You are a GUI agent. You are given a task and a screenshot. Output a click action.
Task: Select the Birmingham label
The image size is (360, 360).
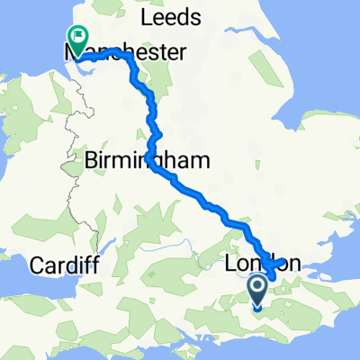[x=148, y=160]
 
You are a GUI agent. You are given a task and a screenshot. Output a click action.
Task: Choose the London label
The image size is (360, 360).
[x=267, y=265]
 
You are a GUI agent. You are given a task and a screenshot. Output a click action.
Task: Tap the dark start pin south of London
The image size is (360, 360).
[x=256, y=291]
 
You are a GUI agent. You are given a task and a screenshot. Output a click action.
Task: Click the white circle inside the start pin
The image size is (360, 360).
[x=256, y=287]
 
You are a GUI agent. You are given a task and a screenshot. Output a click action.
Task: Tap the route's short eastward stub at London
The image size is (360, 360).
[x=282, y=263]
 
